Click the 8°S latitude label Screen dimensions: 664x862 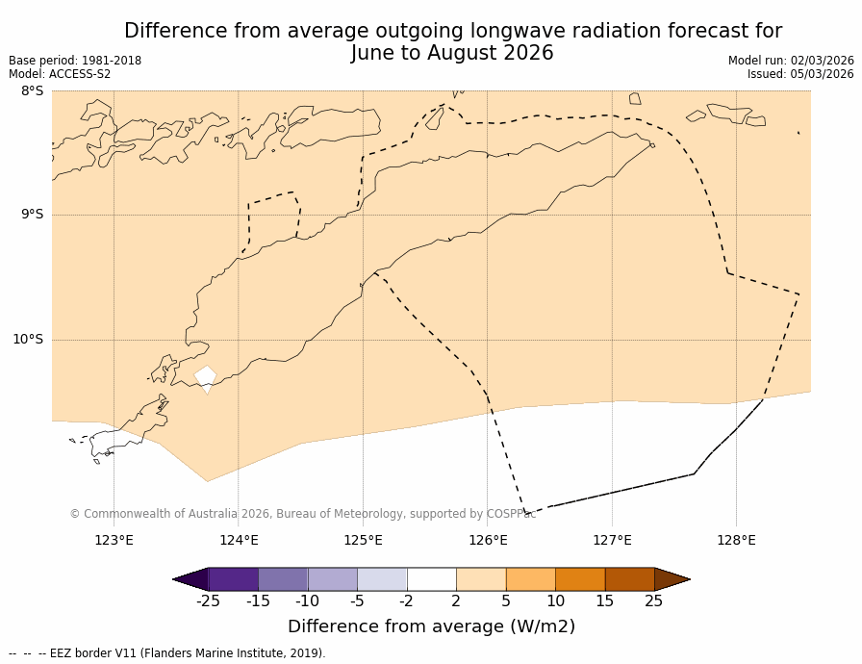(32, 91)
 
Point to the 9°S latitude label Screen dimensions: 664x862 (32, 215)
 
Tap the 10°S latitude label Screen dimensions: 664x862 (28, 340)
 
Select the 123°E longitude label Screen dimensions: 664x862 (114, 540)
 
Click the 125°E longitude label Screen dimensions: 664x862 (363, 540)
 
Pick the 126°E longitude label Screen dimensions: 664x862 (488, 540)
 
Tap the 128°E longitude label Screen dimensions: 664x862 (736, 540)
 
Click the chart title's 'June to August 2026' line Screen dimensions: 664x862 (452, 54)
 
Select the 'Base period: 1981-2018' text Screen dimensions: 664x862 (75, 61)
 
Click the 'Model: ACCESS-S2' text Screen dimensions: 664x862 (60, 74)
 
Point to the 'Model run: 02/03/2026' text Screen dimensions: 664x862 (791, 61)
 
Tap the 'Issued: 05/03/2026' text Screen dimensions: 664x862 (800, 74)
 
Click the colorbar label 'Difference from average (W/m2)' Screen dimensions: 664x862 (431, 626)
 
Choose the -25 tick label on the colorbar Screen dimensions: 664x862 (208, 601)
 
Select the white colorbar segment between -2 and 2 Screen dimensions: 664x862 (431, 579)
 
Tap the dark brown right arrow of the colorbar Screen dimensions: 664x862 (671, 579)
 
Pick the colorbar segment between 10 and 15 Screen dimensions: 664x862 (580, 579)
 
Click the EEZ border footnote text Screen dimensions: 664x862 (167, 653)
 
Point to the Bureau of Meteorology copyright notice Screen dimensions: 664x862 (303, 514)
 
